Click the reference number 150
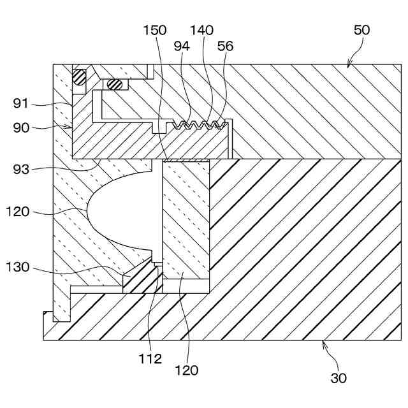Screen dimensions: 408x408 [x=155, y=30]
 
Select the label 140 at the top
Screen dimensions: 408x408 [x=201, y=30]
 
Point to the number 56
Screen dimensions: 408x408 [x=225, y=46]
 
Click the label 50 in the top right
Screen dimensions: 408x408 [x=361, y=30]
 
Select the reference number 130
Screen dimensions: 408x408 [x=17, y=267]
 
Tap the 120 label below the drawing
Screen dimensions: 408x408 [x=186, y=370]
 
